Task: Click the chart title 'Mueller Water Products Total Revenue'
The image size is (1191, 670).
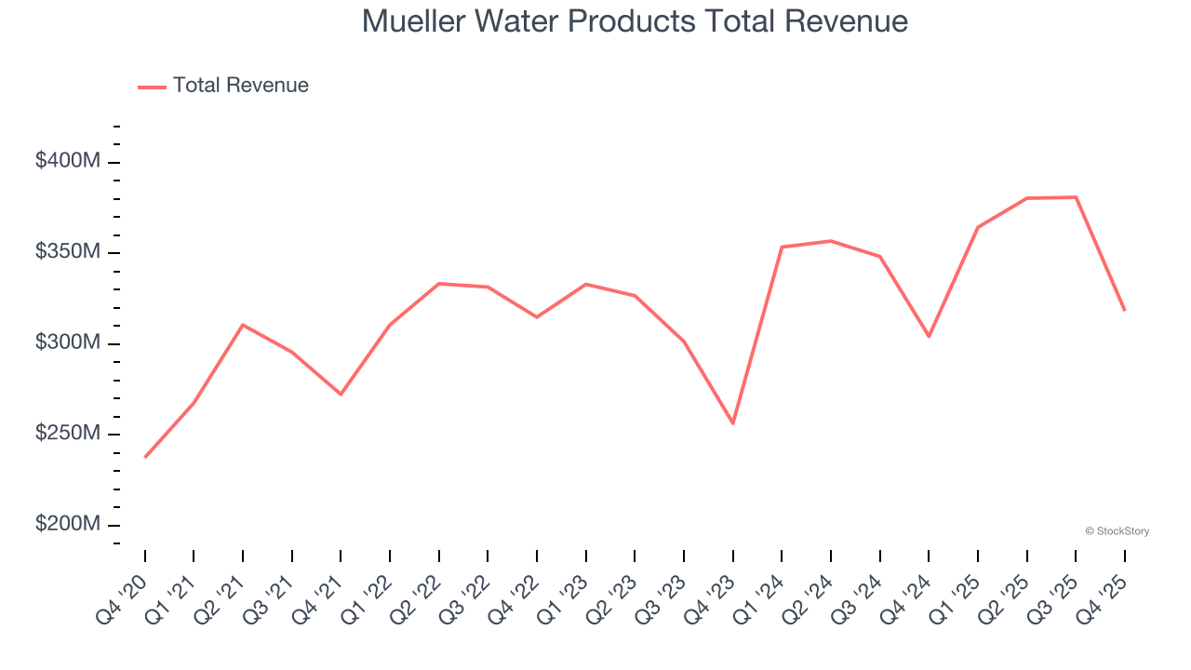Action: pos(635,21)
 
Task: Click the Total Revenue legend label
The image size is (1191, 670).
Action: pos(240,86)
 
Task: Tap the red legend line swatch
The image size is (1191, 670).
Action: pos(152,87)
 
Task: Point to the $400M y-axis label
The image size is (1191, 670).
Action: pos(67,161)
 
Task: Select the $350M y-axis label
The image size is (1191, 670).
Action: pos(67,252)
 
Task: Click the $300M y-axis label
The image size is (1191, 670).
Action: pos(67,342)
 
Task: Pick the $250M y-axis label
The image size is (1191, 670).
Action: pos(67,434)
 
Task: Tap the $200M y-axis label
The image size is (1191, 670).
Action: pos(67,524)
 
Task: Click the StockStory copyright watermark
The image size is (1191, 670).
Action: pos(1117,531)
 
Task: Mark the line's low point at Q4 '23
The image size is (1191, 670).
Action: pos(733,423)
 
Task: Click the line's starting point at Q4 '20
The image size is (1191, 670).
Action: pos(145,457)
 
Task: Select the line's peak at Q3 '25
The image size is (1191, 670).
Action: pos(1076,197)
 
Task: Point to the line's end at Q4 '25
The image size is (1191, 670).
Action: pos(1124,310)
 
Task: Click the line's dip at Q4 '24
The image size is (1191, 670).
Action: pos(929,336)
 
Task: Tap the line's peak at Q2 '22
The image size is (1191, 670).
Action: pos(439,284)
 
